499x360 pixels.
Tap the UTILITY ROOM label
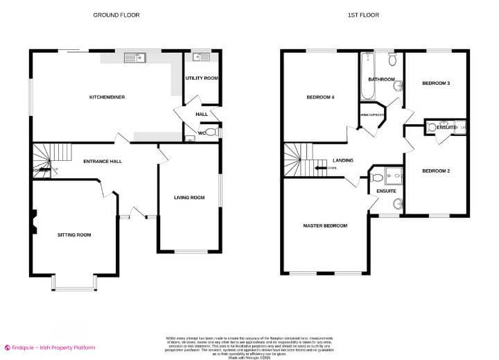coord(202,78)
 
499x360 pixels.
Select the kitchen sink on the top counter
coord(134,58)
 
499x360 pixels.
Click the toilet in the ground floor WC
coord(211,131)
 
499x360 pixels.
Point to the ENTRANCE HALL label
coord(103,161)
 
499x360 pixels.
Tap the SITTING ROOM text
coord(74,234)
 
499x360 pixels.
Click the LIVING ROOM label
coord(189,198)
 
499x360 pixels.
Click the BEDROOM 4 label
coord(321,97)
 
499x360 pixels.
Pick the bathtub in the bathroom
coord(367,78)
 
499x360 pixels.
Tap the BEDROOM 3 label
coord(436,83)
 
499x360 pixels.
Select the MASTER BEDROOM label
coord(325,226)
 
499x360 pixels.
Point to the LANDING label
coord(342,160)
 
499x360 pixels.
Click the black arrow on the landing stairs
coord(320,167)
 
